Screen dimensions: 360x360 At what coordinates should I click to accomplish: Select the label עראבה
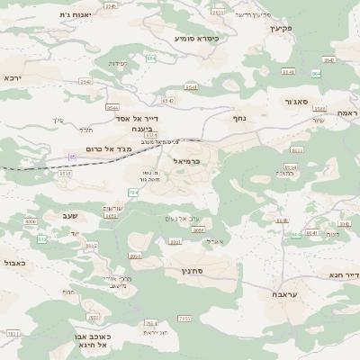283,294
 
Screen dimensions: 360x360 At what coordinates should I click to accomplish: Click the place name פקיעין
282,28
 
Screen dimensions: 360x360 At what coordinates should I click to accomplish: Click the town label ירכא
12,78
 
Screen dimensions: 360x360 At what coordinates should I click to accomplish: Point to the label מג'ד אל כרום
103,148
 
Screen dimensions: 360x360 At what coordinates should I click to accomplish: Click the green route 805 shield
41,239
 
